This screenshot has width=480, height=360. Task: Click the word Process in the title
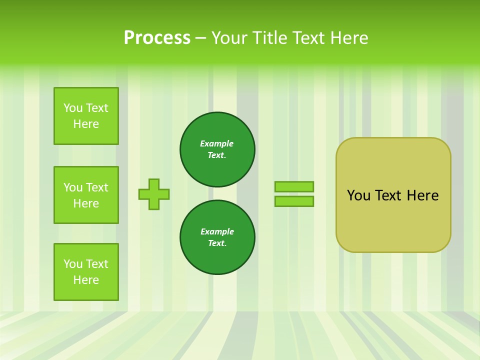click(157, 38)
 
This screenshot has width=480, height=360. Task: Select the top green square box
click(86, 116)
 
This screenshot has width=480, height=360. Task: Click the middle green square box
click(86, 195)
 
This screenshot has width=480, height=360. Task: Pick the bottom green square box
click(86, 272)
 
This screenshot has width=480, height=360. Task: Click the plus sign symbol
click(154, 194)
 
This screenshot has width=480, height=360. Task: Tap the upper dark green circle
click(217, 149)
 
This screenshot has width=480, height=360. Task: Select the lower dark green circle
click(217, 237)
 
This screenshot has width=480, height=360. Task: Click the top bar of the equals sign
click(294, 186)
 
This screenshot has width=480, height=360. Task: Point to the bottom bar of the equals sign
click(294, 201)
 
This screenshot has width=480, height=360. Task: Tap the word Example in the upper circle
click(217, 143)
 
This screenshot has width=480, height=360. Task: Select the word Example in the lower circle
click(217, 231)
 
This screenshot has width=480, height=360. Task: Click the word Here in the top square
click(86, 124)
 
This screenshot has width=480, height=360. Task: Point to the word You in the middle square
click(72, 187)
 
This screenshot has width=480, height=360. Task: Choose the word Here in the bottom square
click(86, 280)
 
